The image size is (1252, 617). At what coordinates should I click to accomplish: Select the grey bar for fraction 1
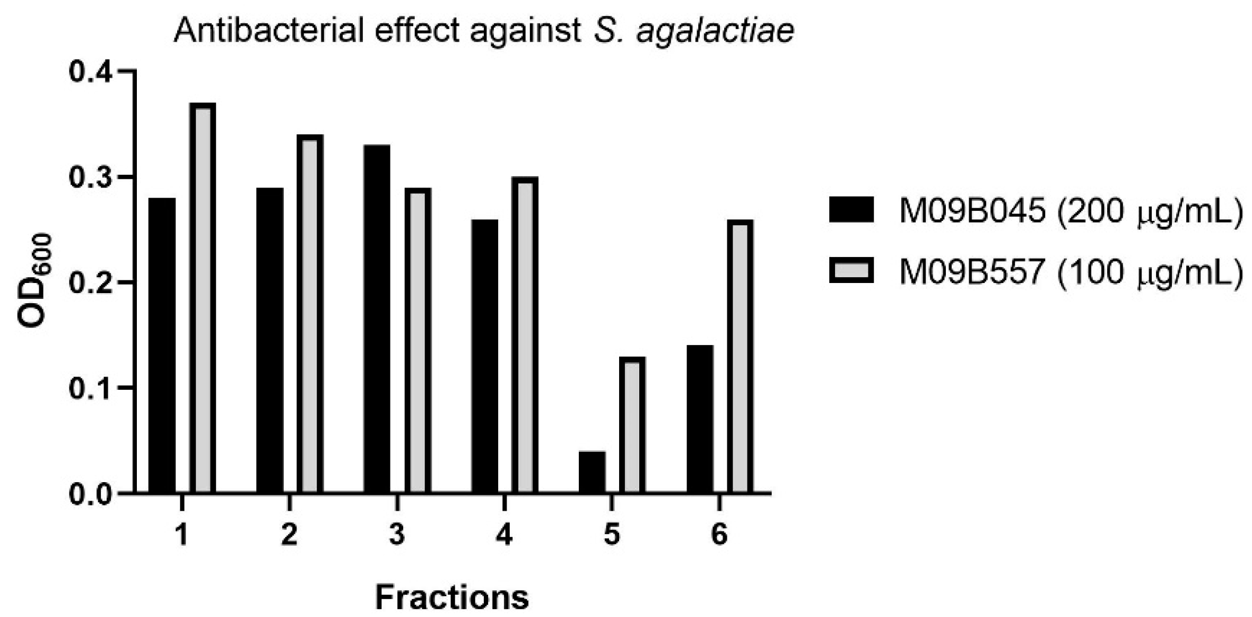(x=203, y=297)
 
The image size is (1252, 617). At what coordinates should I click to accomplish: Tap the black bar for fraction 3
(x=377, y=319)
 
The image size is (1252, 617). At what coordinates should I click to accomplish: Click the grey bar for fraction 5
(x=632, y=425)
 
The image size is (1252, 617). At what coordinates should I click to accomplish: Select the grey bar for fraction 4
(x=525, y=335)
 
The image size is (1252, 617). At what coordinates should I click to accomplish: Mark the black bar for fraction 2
(x=269, y=340)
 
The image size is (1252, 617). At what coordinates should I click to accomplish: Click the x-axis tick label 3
(x=397, y=534)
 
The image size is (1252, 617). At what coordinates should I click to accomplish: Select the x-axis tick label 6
(x=719, y=534)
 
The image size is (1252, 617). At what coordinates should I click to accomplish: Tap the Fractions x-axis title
(x=452, y=597)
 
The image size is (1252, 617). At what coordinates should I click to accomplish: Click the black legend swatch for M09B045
(x=851, y=210)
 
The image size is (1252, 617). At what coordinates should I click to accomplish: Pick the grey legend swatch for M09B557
(x=851, y=270)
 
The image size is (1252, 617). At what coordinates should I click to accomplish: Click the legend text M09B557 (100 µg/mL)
(x=1071, y=272)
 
